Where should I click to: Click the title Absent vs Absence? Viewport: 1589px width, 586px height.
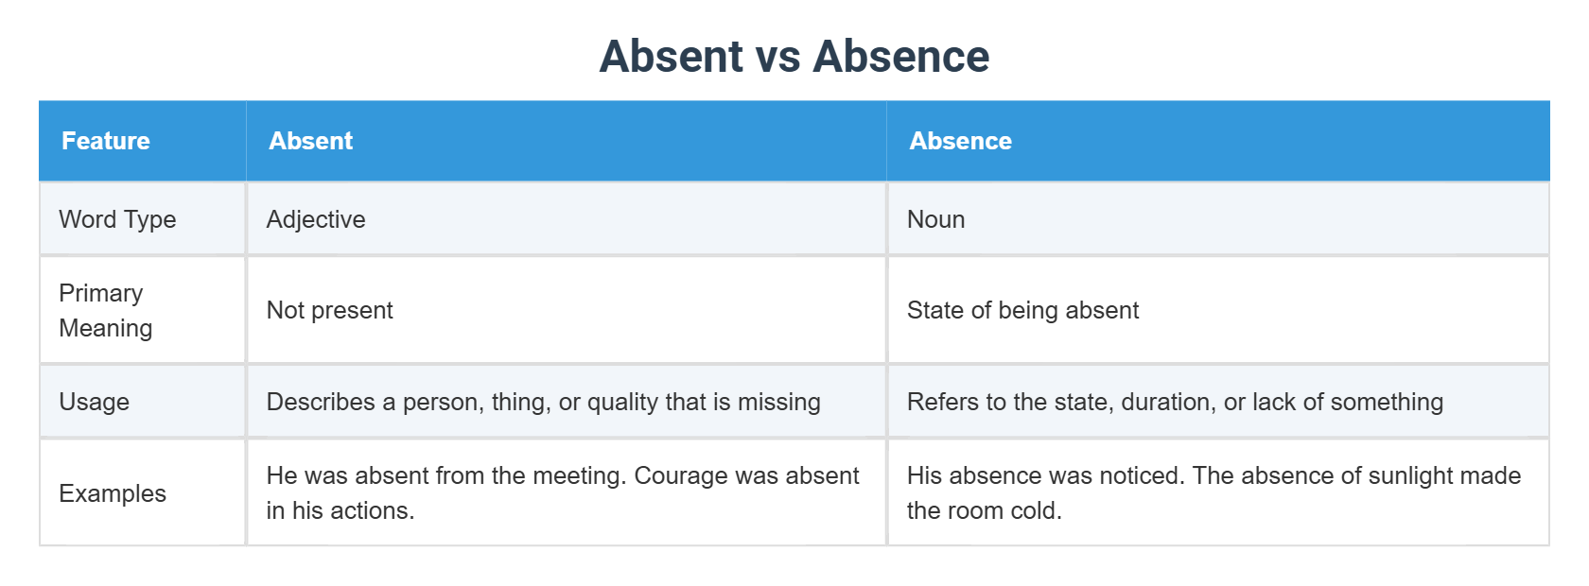click(x=794, y=57)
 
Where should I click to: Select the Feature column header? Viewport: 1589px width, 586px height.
click(x=106, y=141)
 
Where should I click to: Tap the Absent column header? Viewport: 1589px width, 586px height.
click(x=310, y=141)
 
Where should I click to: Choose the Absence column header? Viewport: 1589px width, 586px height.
click(x=960, y=141)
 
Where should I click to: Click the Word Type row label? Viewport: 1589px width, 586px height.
click(x=117, y=219)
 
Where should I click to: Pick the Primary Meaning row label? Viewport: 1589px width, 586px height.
click(x=105, y=310)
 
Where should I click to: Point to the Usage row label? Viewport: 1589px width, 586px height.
click(x=94, y=402)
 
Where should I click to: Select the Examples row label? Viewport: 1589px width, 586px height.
click(x=113, y=493)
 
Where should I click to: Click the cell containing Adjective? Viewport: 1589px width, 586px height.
click(x=316, y=219)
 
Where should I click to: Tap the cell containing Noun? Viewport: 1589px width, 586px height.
click(x=935, y=219)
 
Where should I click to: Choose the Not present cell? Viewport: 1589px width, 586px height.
click(x=329, y=310)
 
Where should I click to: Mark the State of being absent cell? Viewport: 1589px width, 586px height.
click(x=1022, y=310)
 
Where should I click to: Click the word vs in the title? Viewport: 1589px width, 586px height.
click(x=778, y=57)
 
